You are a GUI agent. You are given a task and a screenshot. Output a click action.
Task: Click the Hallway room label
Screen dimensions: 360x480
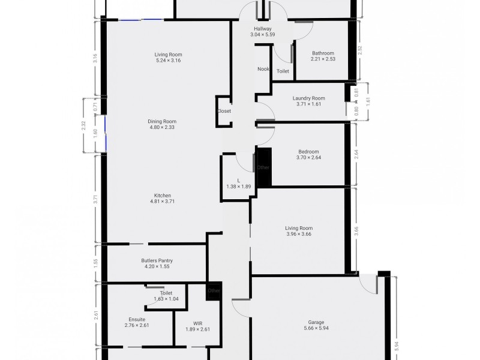click(x=263, y=29)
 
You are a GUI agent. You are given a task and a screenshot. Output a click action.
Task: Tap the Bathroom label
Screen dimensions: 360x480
click(x=322, y=53)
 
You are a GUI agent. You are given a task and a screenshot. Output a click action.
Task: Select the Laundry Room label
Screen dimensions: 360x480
click(x=309, y=98)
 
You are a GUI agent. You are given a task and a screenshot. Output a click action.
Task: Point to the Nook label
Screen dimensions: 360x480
click(x=263, y=69)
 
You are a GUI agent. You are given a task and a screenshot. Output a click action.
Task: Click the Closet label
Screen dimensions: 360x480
click(x=224, y=111)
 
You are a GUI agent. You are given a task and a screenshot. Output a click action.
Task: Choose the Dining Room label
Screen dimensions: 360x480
click(x=162, y=121)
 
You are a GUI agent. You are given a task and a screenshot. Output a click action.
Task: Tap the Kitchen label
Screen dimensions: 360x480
click(x=163, y=196)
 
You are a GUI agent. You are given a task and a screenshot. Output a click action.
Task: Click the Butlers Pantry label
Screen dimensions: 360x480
click(x=157, y=260)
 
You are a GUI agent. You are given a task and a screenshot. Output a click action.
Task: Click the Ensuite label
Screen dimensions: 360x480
click(x=137, y=319)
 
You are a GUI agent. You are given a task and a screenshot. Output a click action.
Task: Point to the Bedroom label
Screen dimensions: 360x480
click(x=308, y=151)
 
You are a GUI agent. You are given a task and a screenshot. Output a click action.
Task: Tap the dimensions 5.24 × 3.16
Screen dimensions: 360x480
click(x=168, y=61)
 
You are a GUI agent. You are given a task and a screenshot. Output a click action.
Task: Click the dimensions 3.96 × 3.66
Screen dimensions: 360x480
click(x=299, y=234)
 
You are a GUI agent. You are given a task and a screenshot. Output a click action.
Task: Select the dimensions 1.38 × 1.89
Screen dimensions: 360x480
click(x=238, y=187)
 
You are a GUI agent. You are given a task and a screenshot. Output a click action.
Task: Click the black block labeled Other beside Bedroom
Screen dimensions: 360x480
click(x=264, y=167)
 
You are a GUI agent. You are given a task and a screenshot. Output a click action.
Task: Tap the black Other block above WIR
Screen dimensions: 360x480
click(x=214, y=291)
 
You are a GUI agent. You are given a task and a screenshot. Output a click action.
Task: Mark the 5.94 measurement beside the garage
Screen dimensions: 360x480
click(x=395, y=346)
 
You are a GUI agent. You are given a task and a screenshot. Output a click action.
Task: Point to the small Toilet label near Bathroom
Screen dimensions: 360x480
click(x=283, y=71)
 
